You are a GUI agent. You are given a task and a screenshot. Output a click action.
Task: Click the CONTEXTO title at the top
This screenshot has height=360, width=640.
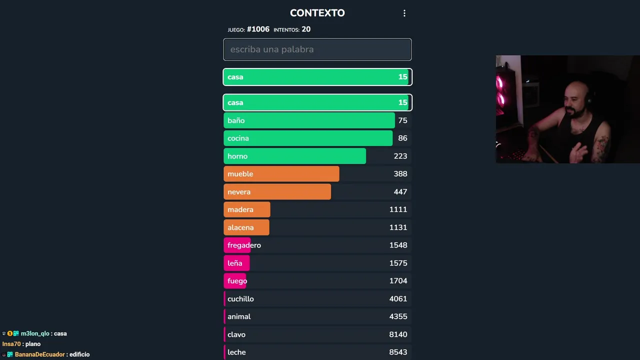click(x=317, y=13)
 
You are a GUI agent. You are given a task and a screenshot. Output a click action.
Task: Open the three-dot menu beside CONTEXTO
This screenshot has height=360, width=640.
click(x=404, y=13)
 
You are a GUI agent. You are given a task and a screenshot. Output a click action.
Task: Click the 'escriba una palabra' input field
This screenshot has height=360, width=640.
click(x=317, y=49)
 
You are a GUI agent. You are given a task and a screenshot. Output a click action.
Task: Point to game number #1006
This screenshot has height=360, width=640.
click(x=258, y=29)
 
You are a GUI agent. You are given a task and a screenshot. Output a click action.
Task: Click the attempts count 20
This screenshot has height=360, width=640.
click(x=306, y=29)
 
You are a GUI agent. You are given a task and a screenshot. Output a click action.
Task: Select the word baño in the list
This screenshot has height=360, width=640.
click(x=236, y=120)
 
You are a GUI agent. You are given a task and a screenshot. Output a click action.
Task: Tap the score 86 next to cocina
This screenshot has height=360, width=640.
click(x=402, y=138)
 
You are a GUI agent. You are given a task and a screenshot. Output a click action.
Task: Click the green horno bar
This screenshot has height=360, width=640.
click(x=294, y=156)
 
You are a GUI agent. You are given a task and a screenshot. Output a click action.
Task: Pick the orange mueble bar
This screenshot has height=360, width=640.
click(x=281, y=174)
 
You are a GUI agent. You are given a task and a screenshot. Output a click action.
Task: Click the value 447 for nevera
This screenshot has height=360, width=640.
click(x=400, y=192)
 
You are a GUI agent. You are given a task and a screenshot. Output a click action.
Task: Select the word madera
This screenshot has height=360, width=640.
click(x=240, y=209)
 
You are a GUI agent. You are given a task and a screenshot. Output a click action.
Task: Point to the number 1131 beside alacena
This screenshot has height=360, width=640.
click(x=398, y=227)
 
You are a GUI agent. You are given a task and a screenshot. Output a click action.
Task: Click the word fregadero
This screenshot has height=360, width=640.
click(x=244, y=245)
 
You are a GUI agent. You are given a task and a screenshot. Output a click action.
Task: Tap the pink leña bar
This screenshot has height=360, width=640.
click(x=236, y=263)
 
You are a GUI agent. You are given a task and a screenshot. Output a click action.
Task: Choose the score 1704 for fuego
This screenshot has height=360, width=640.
click(x=398, y=281)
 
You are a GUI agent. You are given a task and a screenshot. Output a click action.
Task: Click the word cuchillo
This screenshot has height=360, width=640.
click(x=240, y=299)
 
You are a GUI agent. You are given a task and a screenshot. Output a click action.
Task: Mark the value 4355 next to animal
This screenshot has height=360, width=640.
click(x=398, y=316)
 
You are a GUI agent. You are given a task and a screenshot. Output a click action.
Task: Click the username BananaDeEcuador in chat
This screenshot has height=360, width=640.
click(x=40, y=354)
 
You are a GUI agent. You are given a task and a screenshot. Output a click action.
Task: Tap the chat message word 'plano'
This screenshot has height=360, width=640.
click(x=33, y=344)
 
